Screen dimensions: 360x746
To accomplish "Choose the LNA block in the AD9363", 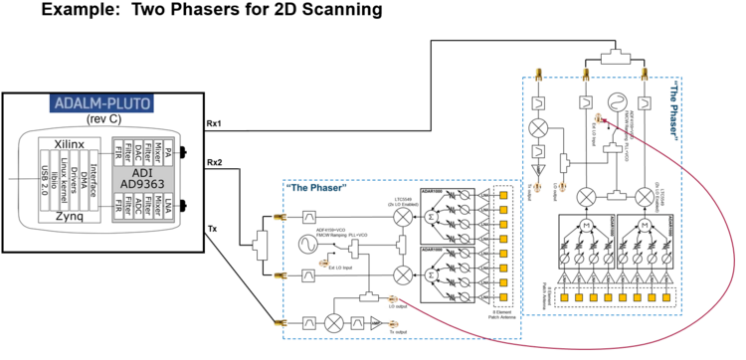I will pos(169,213).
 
